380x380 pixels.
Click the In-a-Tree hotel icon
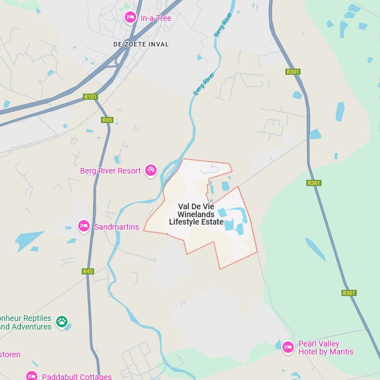(130, 18)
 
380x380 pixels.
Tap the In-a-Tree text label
(156, 18)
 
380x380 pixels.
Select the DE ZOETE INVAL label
(141, 44)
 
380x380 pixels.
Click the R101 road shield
(90, 97)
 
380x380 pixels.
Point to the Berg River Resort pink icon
(151, 170)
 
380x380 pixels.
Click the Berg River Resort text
(110, 171)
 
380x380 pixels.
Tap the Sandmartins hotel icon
(84, 226)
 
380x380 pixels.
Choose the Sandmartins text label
(116, 227)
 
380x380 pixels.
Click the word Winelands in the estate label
(196, 214)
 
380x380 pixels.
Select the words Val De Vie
(196, 206)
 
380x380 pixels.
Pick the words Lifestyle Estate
(196, 222)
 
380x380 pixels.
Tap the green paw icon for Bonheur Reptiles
(62, 322)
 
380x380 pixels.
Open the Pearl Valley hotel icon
(288, 347)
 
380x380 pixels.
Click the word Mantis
(341, 352)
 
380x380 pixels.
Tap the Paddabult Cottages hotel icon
(32, 375)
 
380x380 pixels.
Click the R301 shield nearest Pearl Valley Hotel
(349, 293)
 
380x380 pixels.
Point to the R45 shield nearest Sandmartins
(87, 271)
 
